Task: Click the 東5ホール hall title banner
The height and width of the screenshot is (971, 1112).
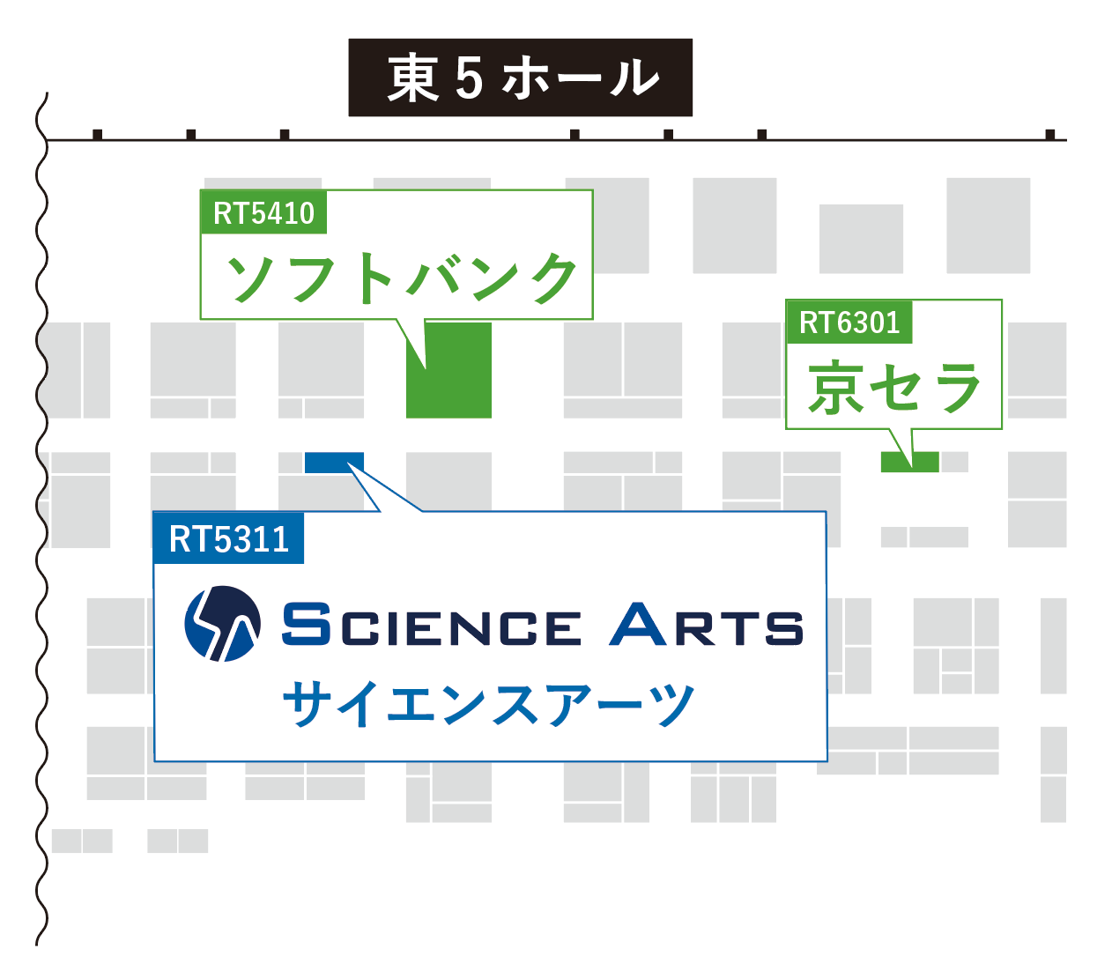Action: [520, 78]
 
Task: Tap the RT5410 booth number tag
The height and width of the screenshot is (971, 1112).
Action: [263, 212]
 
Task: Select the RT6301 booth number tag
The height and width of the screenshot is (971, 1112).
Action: [849, 322]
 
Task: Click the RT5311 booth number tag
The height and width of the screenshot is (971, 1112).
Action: [228, 538]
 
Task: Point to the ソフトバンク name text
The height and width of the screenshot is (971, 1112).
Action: [401, 278]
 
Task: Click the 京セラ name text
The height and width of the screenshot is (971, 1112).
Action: [893, 389]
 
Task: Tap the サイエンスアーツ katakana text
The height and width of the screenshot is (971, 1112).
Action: [489, 704]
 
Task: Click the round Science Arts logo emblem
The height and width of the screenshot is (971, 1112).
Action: [222, 624]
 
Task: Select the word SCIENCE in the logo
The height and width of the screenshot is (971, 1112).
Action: [431, 626]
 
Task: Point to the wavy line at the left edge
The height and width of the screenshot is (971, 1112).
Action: [41, 529]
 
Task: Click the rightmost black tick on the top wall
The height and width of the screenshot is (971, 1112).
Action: [1049, 135]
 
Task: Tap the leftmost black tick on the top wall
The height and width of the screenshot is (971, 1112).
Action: [98, 135]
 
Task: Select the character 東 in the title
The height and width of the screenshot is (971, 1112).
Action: [412, 78]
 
